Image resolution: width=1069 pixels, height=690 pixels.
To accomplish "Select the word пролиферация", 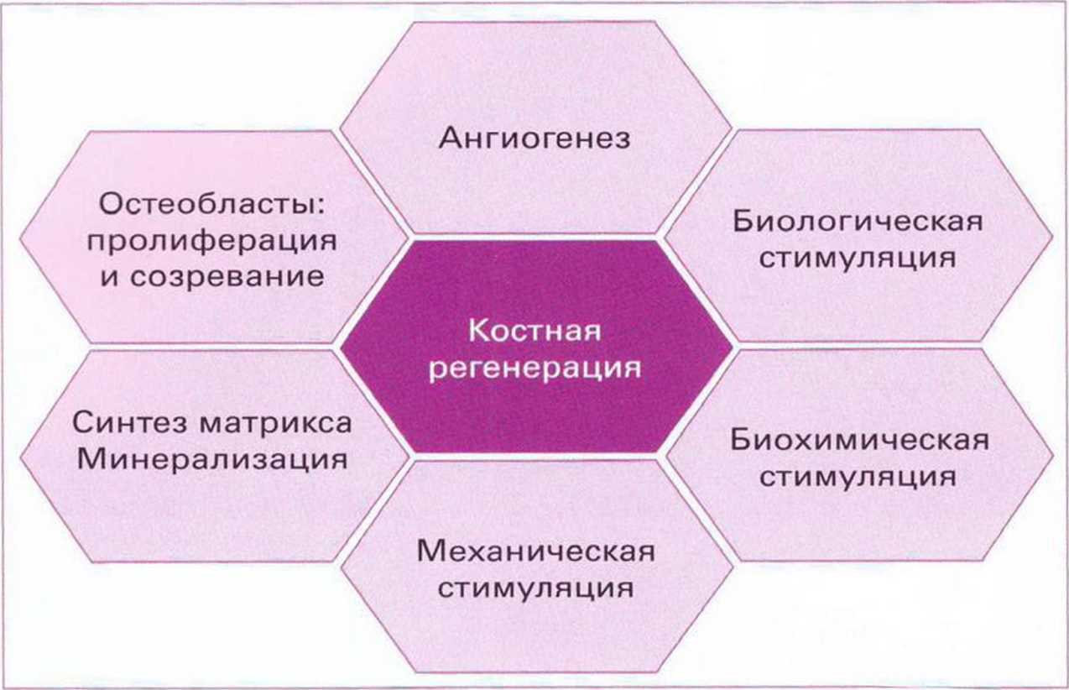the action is (x=212, y=241).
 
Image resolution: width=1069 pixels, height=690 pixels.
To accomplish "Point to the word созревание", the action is (x=227, y=277).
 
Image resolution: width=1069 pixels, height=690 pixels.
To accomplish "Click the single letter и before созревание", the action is (x=110, y=278).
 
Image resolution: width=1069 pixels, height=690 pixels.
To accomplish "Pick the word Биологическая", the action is (x=858, y=222).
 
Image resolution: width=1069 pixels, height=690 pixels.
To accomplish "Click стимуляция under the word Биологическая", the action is (x=858, y=259).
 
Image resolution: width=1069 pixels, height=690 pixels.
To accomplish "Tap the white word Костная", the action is (x=535, y=331).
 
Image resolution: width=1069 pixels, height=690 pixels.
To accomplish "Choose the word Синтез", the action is (x=129, y=422).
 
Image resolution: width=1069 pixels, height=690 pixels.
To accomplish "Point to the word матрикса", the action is (x=275, y=423).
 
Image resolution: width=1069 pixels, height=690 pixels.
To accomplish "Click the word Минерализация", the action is (x=212, y=459).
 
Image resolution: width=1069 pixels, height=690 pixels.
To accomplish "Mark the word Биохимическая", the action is (x=859, y=440).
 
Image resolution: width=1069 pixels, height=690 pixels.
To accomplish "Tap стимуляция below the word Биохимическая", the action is (x=858, y=477).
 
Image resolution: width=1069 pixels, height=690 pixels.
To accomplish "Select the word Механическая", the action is (x=536, y=551).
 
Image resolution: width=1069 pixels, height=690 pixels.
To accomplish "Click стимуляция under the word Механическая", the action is (x=536, y=588).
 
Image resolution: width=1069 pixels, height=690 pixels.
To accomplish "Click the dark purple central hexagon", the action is (x=536, y=347).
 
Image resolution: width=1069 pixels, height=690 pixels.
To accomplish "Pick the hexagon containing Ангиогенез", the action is (x=535, y=127).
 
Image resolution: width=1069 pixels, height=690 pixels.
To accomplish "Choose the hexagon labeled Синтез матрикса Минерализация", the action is (x=215, y=456).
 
